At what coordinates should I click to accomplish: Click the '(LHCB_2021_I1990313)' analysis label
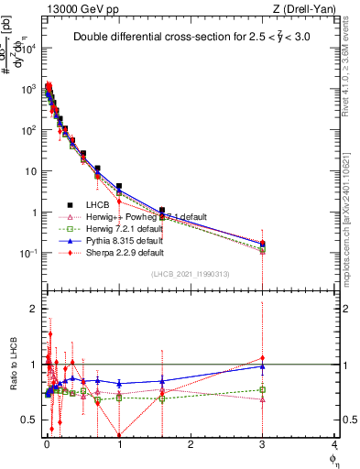(x=191, y=274)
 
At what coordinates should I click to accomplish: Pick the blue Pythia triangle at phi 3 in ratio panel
(x=263, y=366)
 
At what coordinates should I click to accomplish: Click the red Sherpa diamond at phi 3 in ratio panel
(x=263, y=358)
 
